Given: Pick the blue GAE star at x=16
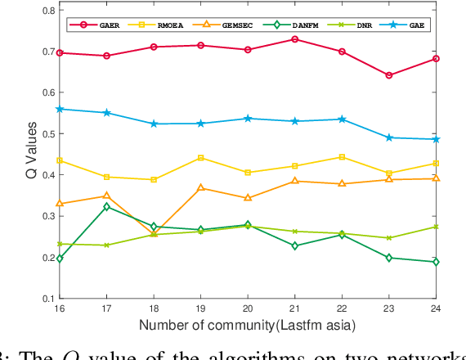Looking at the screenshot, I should (60, 109).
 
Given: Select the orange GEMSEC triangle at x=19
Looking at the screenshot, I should (201, 188).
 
